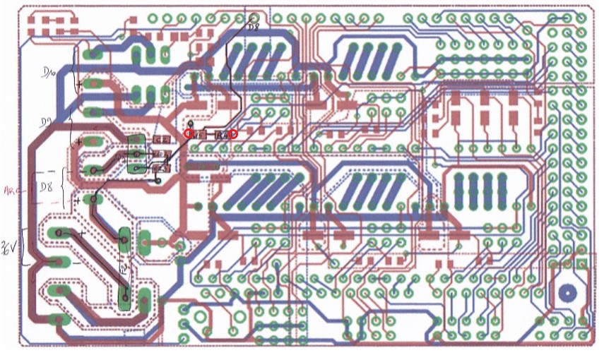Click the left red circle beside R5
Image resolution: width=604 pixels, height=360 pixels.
(x=189, y=133)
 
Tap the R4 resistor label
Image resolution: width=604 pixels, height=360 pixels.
(x=222, y=133)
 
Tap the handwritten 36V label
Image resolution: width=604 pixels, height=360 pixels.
(x=10, y=247)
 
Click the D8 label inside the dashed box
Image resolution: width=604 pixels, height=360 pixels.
(x=47, y=186)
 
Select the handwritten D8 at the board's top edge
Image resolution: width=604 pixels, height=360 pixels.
(x=253, y=27)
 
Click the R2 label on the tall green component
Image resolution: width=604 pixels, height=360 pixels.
(x=124, y=268)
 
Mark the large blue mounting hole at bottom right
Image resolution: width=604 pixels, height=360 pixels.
(x=567, y=292)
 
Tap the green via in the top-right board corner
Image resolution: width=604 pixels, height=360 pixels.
(x=581, y=18)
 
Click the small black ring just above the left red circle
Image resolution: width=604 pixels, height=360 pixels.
(x=189, y=123)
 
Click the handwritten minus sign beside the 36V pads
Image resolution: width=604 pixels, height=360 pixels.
(x=77, y=263)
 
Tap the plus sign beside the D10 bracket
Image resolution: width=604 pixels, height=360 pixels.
(x=78, y=84)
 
